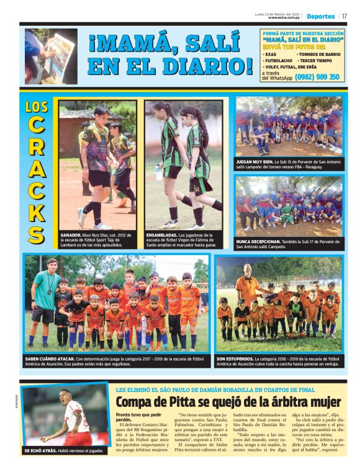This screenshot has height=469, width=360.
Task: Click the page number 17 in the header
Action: tap(344, 16)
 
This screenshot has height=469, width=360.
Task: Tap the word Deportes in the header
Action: tap(320, 16)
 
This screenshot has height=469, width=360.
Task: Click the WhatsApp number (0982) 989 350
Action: tap(317, 77)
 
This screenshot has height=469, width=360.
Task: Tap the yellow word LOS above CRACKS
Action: tap(37, 107)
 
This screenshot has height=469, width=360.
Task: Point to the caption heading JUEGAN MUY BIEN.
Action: tap(256, 161)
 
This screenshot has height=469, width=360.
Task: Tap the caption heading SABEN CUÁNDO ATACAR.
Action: tap(48, 359)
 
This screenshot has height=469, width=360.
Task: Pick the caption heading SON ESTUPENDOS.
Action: tap(234, 359)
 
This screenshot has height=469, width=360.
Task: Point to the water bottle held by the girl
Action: tap(158, 172)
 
